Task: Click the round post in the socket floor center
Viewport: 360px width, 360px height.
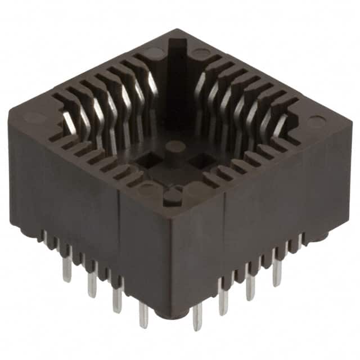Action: point(175,147)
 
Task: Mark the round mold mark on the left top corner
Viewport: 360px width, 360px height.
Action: point(35,118)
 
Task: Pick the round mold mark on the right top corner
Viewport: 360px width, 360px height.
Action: point(316,122)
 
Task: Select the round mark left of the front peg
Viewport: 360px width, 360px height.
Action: point(147,189)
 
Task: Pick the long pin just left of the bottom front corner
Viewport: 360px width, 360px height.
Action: point(143,315)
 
